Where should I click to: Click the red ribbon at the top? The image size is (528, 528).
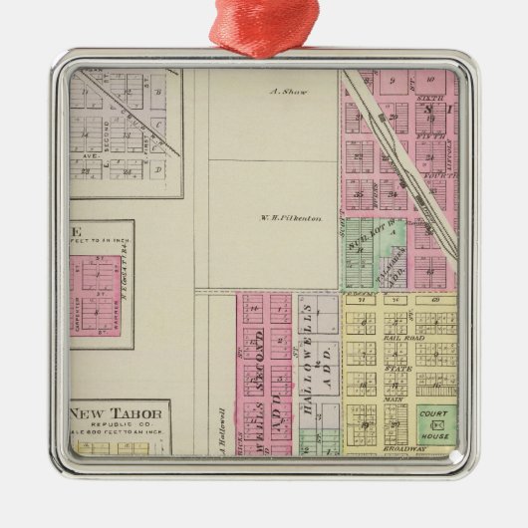pyautogui.click(x=263, y=24)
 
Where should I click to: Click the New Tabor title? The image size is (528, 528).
pyautogui.click(x=118, y=414)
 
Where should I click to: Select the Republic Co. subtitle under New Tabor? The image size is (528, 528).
pyautogui.click(x=119, y=426)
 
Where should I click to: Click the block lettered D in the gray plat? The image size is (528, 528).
pyautogui.click(x=158, y=170)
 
